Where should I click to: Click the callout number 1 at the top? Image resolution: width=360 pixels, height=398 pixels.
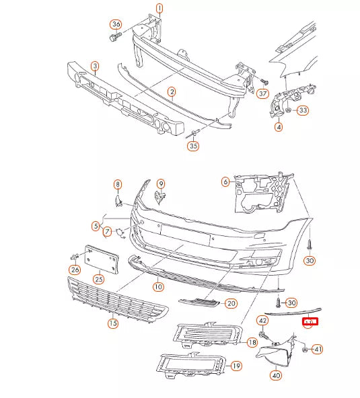pos(159,9)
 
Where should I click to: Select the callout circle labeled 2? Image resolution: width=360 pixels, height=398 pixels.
pos(172,92)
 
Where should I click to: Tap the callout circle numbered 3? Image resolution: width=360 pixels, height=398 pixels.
pos(95,66)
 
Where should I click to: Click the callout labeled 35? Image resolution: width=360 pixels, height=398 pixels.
pos(193,145)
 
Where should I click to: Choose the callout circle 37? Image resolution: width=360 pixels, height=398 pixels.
pos(262,93)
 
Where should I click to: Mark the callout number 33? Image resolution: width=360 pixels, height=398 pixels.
pos(303,110)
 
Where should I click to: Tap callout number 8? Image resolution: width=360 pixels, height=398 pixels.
pos(117,184)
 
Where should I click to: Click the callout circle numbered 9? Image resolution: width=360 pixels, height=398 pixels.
pos(161,184)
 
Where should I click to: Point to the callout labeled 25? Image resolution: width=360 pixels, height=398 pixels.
pos(98,278)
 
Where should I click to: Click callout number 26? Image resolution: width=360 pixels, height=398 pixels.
pos(74,270)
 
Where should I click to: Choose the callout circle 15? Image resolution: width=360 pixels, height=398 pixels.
pos(113,323)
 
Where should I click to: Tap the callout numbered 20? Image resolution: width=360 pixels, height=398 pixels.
pos(231,303)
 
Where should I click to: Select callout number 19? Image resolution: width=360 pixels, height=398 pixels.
pos(236,366)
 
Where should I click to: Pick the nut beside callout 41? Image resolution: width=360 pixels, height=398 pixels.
pos(304,349)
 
